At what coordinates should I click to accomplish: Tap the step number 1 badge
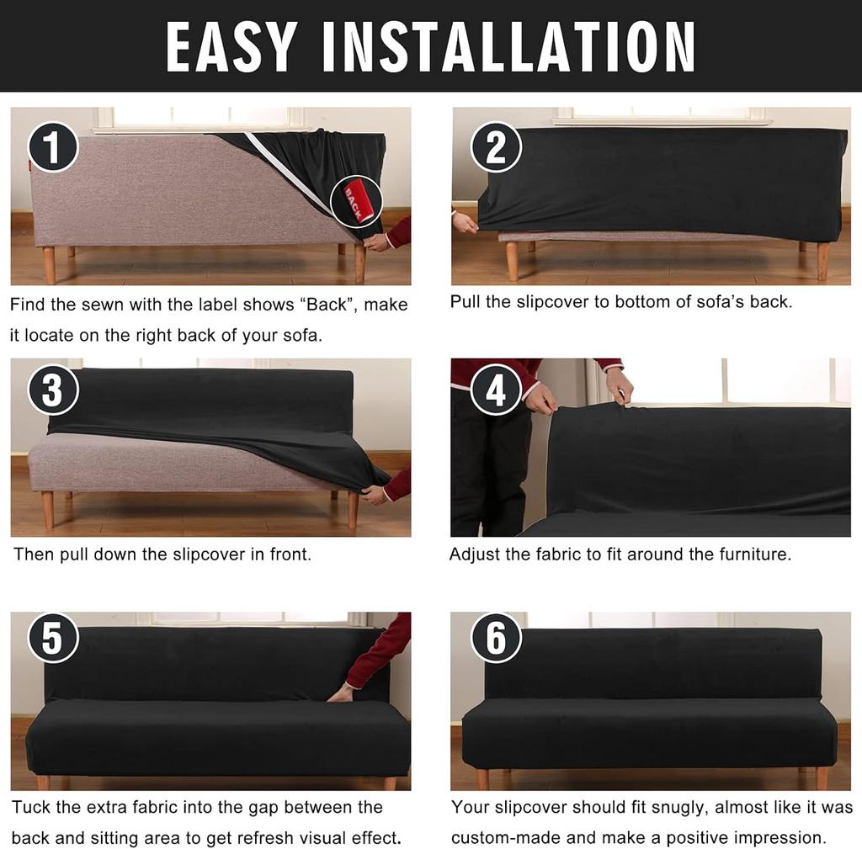click(x=53, y=147)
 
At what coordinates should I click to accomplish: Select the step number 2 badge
click(x=496, y=147)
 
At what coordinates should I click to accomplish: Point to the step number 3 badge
click(x=53, y=392)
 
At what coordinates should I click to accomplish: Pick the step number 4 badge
click(x=496, y=392)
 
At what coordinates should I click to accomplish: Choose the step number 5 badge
click(x=53, y=638)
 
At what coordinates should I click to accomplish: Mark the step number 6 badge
click(x=496, y=638)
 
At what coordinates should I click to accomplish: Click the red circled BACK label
click(x=356, y=201)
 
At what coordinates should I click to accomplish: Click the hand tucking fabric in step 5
click(x=342, y=693)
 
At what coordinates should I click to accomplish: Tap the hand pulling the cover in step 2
click(x=464, y=223)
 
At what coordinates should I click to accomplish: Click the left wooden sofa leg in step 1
click(x=49, y=264)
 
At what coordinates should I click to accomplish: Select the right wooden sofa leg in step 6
click(x=821, y=777)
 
